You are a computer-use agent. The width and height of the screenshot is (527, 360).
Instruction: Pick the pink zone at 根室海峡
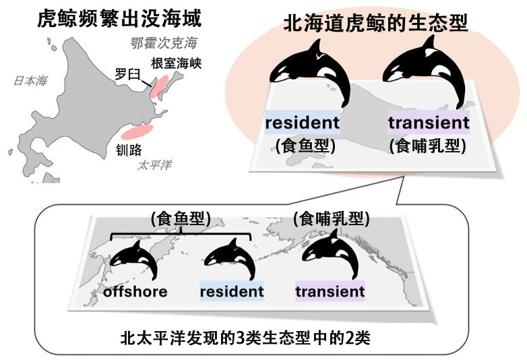(x=159, y=88)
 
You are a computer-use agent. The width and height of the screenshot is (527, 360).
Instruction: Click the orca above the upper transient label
(x=418, y=71)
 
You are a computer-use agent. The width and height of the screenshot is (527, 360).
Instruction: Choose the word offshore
(x=135, y=292)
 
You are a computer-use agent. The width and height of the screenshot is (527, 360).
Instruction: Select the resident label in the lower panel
(x=231, y=292)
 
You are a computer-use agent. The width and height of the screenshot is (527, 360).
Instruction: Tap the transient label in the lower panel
(x=330, y=292)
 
